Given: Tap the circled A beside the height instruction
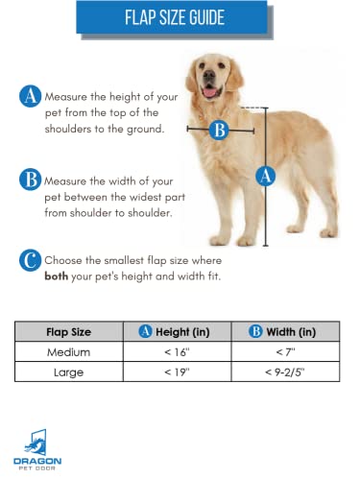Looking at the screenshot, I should (x=30, y=97).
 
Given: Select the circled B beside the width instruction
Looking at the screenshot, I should (x=30, y=179).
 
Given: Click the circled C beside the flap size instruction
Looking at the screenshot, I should (x=30, y=260).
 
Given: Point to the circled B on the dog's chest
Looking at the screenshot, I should (x=220, y=130).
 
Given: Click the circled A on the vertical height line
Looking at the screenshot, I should (x=266, y=175).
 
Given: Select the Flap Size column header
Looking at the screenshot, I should (x=69, y=332).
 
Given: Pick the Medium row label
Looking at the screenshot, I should (x=69, y=351).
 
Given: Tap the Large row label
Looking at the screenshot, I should (x=69, y=371).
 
